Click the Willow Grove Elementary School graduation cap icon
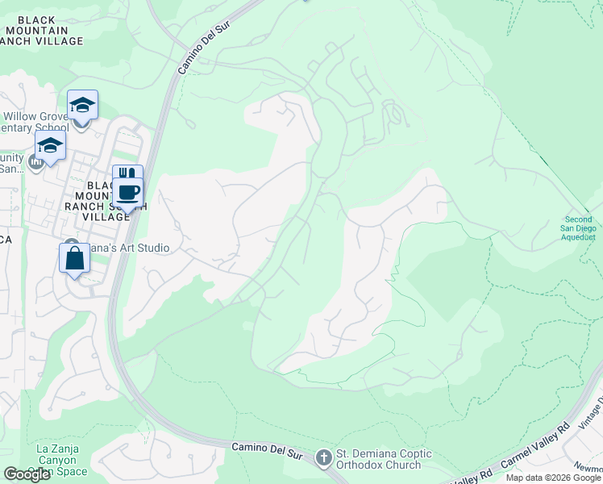coord(82,105)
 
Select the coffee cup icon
coord(128,192)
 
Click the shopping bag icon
coord(74,258)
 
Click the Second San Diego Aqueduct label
coord(579,228)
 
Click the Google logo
coord(27,474)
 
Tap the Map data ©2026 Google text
coord(553,478)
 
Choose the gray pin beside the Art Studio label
coord(71,245)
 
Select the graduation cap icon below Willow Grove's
coord(50,148)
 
